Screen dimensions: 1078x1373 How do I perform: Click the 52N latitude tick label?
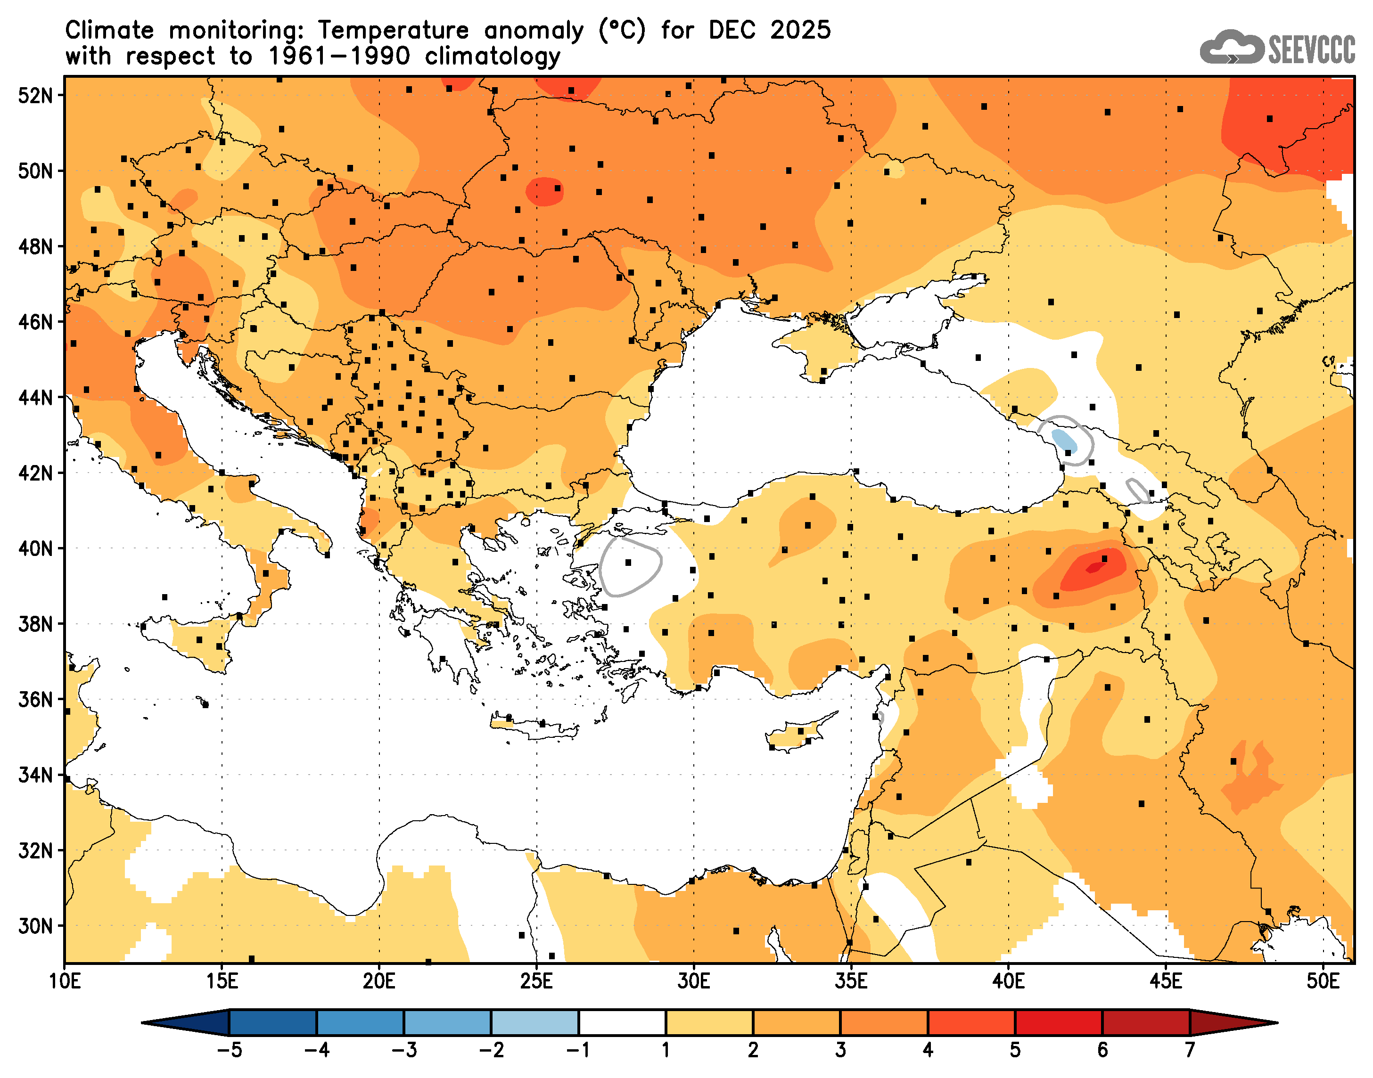point(35,95)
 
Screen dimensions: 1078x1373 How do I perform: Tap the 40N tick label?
point(35,548)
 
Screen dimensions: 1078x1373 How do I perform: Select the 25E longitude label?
point(536,981)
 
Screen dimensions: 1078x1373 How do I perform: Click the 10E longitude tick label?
point(65,981)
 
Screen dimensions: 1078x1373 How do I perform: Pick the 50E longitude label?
point(1323,981)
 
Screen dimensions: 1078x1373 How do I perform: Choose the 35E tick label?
point(850,981)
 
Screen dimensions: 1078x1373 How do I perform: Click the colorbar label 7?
point(1189,1050)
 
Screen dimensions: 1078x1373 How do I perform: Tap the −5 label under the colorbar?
point(229,1050)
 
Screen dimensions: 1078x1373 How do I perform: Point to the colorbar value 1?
point(666,1050)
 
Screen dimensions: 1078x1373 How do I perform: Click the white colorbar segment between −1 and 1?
point(622,1022)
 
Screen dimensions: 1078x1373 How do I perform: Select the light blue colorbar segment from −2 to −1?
point(534,1022)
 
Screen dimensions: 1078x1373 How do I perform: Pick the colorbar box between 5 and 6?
point(1058,1022)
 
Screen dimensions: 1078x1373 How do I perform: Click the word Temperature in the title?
point(393,30)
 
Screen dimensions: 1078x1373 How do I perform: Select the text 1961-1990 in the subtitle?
point(339,56)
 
